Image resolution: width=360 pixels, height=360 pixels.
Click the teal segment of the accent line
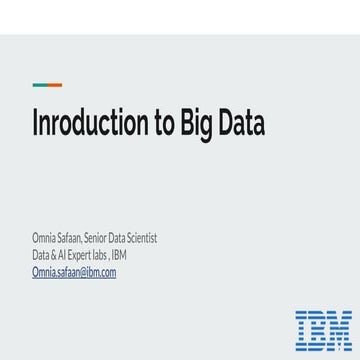(x=38, y=85)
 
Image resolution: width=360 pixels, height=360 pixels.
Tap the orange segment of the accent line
(x=54, y=85)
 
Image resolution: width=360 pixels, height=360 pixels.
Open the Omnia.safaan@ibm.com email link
(x=74, y=272)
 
